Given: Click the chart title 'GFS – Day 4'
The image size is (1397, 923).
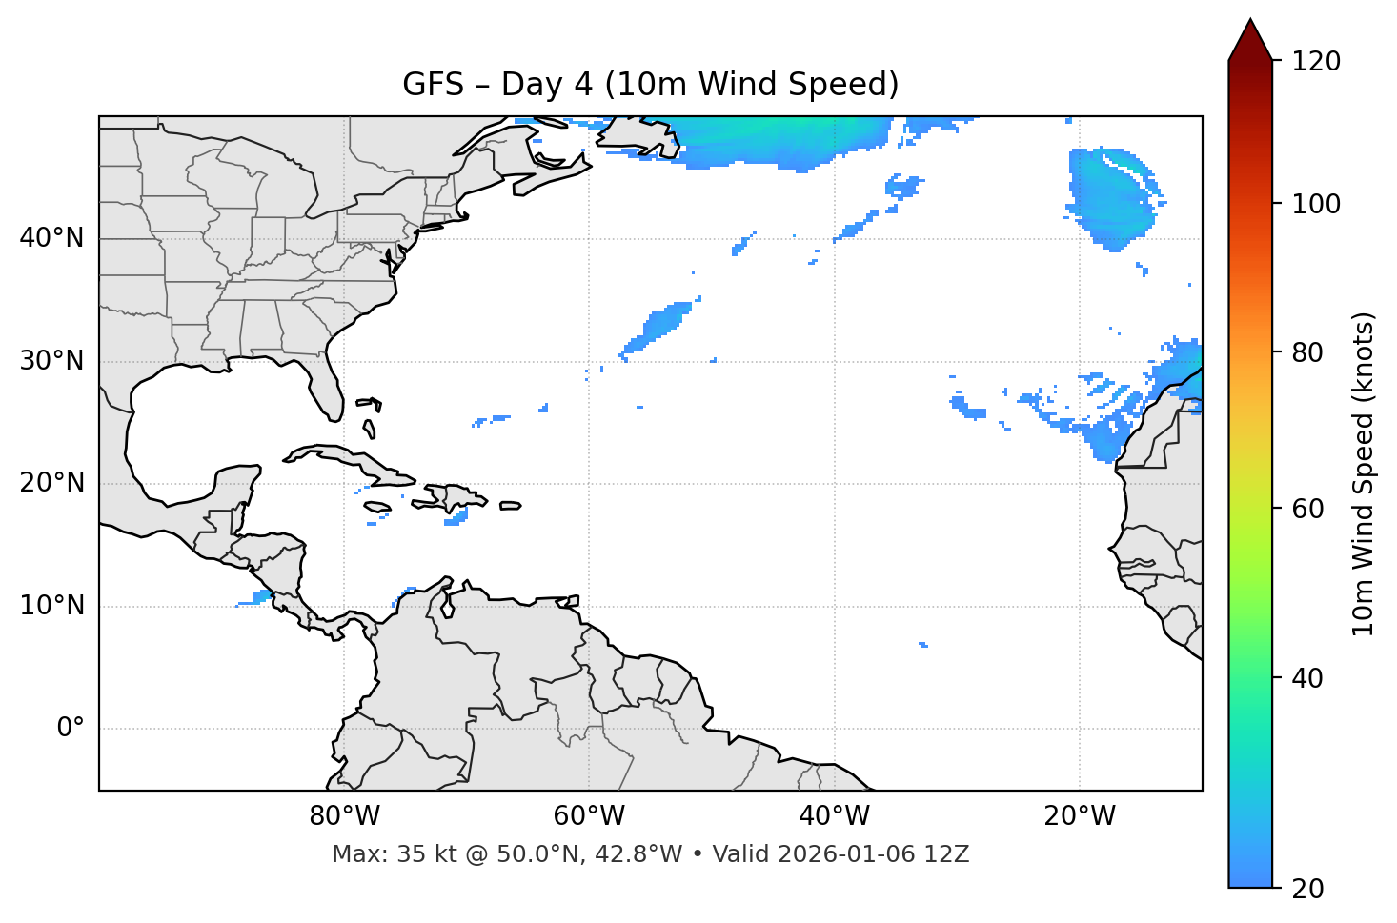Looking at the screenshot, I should coord(650,85).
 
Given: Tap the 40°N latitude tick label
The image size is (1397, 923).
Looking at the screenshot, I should coord(51,238).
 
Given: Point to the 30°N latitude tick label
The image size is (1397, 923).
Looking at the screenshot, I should coord(51,361).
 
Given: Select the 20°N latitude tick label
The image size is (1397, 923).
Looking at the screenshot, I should coord(51,483).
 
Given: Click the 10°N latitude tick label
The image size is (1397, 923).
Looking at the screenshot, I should coord(51,606).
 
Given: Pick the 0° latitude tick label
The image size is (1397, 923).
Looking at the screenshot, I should coord(71,729).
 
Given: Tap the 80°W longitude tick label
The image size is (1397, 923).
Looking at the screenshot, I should coord(344,816).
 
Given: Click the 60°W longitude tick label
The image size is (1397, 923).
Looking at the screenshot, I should coord(589,816).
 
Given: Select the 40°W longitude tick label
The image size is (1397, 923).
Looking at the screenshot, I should coord(834,816).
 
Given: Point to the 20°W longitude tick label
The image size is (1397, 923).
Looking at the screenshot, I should coord(1079,816).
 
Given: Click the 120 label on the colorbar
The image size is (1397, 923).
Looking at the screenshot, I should coord(1316,62).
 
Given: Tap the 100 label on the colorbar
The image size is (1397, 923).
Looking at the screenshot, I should coord(1316,204).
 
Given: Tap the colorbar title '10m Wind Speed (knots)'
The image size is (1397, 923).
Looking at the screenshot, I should coord(1364,473).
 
